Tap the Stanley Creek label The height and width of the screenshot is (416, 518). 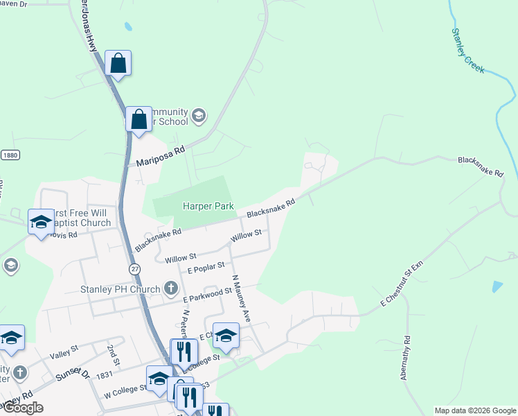(468, 51)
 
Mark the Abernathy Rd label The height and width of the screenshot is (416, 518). (406, 358)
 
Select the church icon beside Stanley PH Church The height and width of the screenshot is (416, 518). (171, 288)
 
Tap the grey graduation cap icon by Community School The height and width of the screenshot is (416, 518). (199, 115)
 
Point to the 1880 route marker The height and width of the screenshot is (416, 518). (9, 155)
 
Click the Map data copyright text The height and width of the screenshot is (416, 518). (475, 410)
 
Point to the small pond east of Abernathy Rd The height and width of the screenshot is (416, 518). (497, 286)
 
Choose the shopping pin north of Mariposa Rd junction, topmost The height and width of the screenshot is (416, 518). (118, 63)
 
